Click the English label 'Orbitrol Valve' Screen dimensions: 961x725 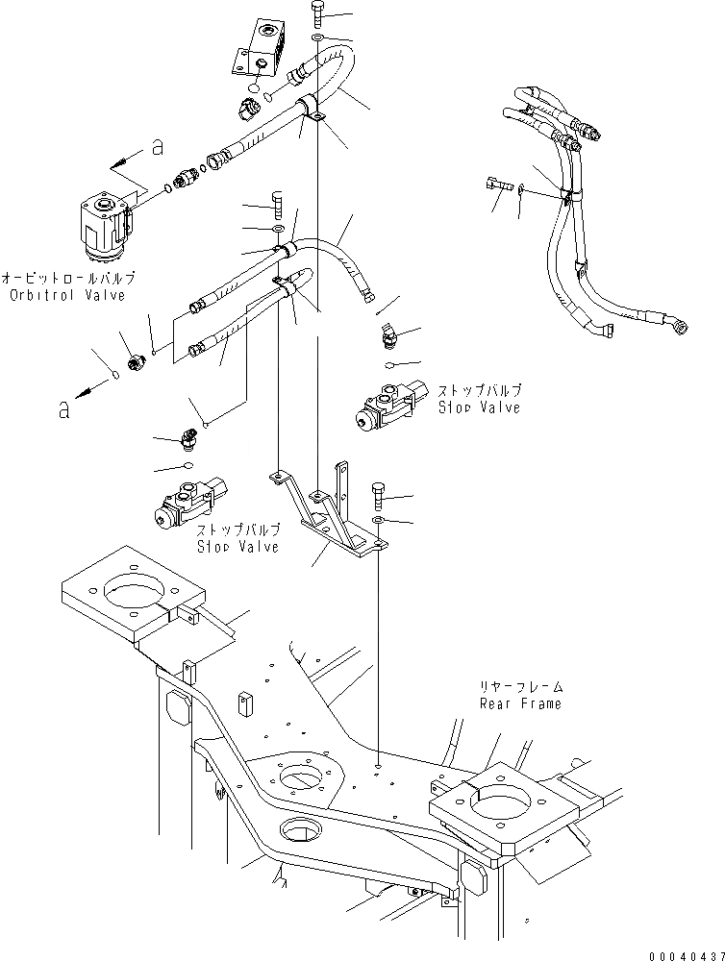click(68, 295)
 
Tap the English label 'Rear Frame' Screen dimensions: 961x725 click(520, 702)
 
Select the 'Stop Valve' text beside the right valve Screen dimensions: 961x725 click(480, 407)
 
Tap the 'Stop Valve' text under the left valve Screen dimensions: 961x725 click(237, 546)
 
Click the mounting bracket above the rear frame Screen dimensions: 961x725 click(327, 514)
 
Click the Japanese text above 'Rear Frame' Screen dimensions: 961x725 click(520, 687)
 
